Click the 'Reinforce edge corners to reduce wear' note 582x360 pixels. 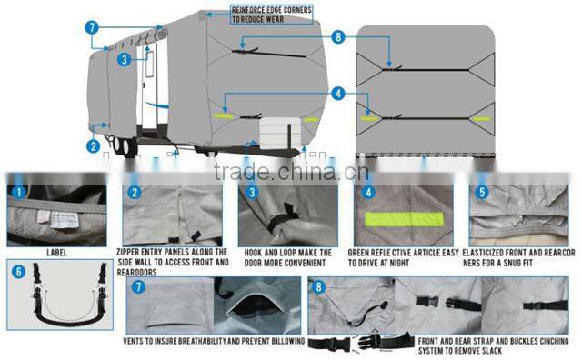272,15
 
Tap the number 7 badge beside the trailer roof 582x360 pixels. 92,27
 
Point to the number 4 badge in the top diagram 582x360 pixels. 337,92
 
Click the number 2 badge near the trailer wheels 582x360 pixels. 93,144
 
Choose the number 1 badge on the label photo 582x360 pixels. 18,193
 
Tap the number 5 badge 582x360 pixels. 480,193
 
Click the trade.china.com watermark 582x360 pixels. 289,173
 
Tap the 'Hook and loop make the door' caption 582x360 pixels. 288,257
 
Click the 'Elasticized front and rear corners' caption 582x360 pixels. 519,257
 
